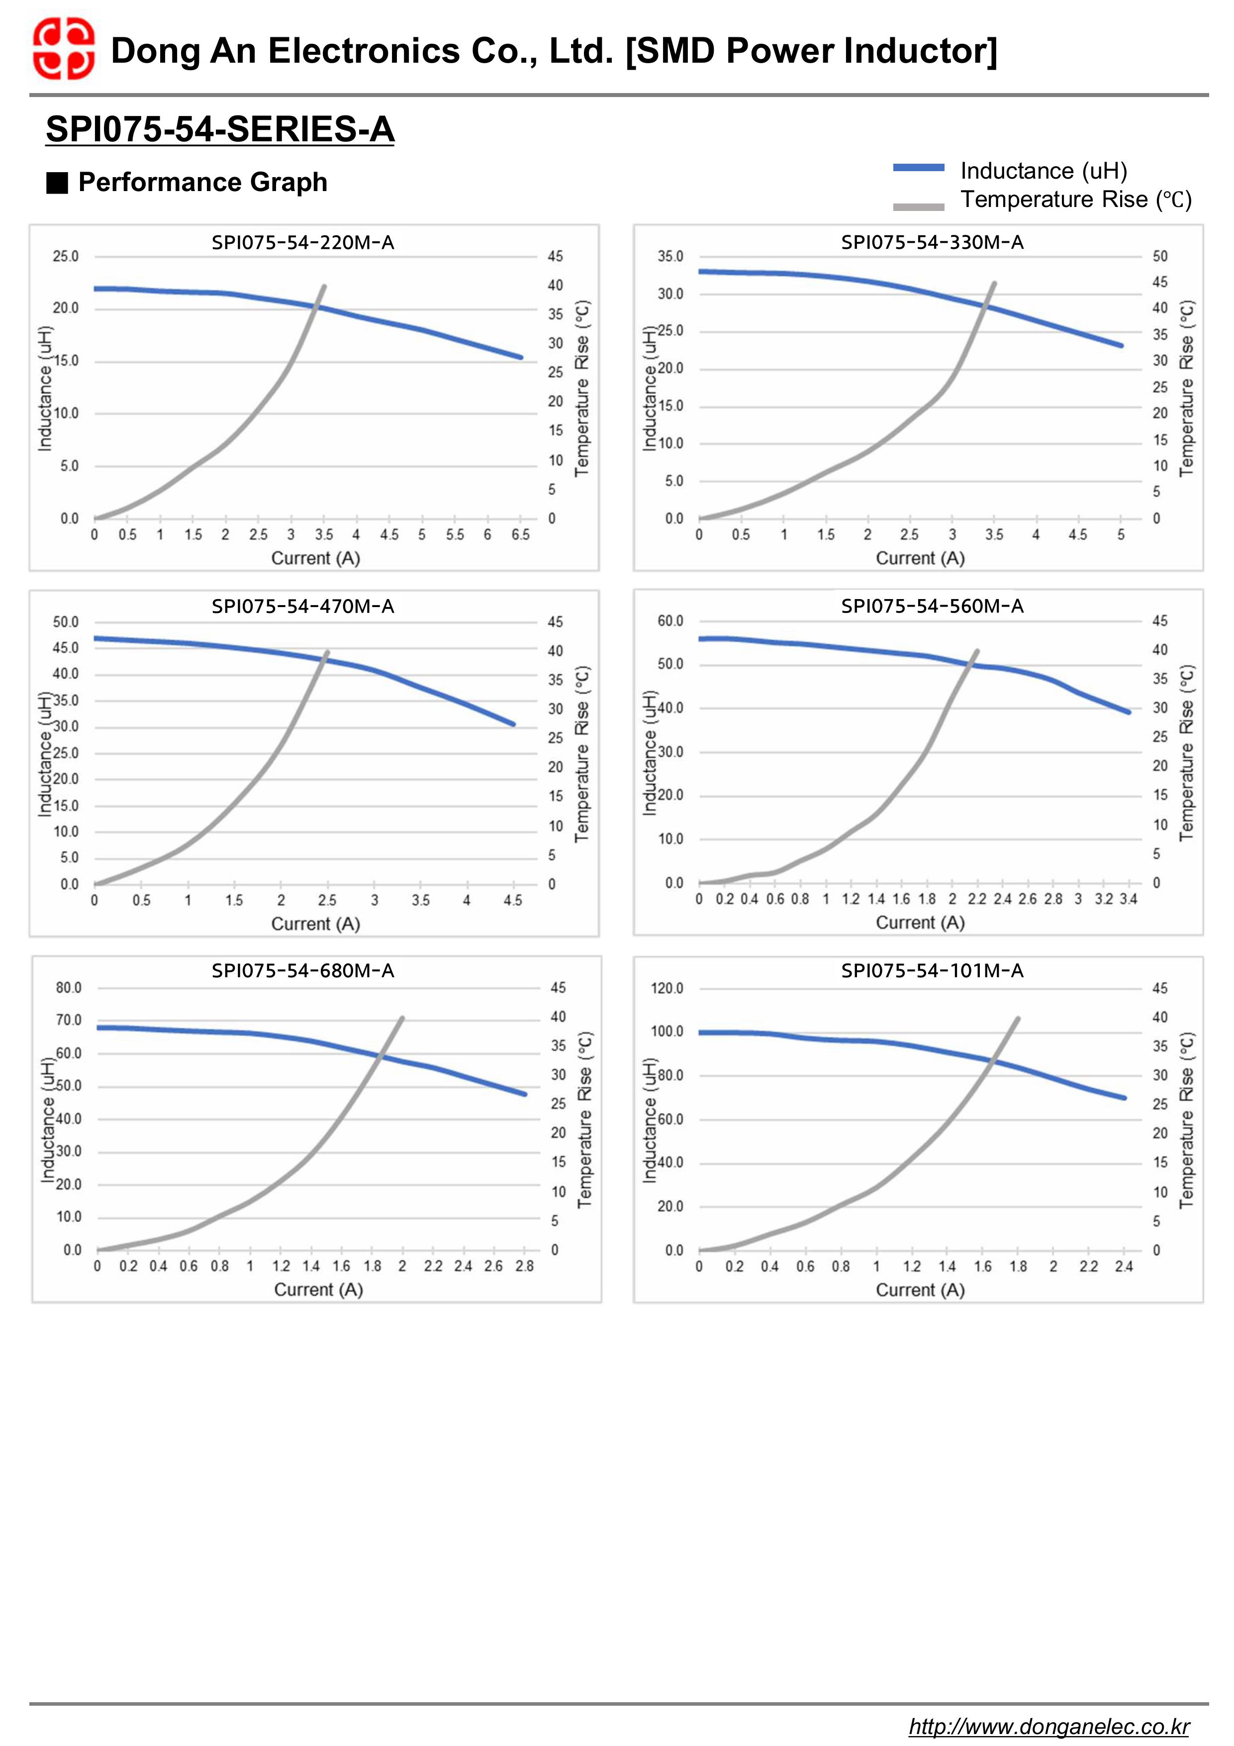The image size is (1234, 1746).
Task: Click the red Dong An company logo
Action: click(63, 50)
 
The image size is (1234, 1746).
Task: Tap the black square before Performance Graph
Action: click(57, 183)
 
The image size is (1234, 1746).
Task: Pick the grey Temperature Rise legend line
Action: click(919, 206)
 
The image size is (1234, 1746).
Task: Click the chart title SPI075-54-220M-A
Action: click(302, 243)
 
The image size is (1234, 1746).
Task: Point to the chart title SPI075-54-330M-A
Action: click(932, 243)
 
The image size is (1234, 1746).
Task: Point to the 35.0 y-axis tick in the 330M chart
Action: click(670, 256)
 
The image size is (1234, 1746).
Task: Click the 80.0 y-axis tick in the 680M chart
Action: click(69, 988)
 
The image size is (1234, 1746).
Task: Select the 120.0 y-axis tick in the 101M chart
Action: click(667, 989)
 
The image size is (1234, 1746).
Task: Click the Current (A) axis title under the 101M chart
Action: click(920, 1290)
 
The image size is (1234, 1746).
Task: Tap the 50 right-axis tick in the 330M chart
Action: click(1159, 256)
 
